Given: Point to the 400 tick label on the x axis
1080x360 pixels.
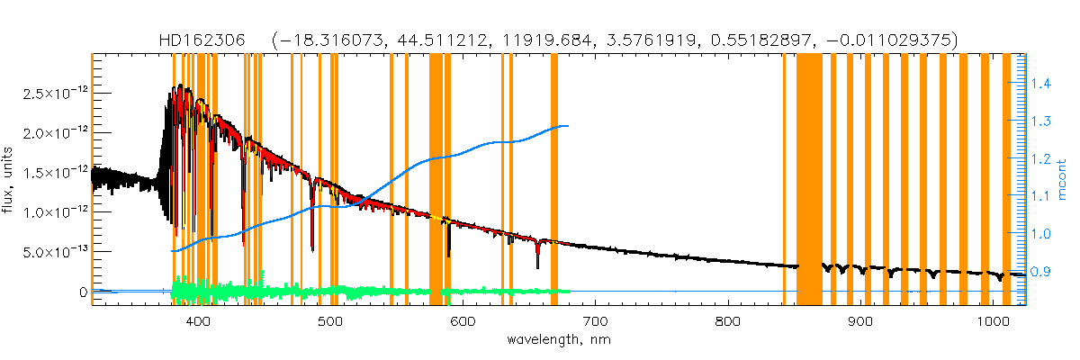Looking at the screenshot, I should (197, 321).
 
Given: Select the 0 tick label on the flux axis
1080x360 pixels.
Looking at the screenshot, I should (82, 292).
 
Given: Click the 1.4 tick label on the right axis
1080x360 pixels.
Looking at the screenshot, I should (1039, 84).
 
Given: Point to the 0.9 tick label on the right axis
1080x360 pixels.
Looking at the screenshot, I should (1039, 271).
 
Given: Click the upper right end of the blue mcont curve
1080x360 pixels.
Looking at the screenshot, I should (567, 126).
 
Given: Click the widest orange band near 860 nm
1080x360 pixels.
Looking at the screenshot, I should (809, 180).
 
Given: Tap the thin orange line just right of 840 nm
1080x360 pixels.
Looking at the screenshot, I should (784, 180).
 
